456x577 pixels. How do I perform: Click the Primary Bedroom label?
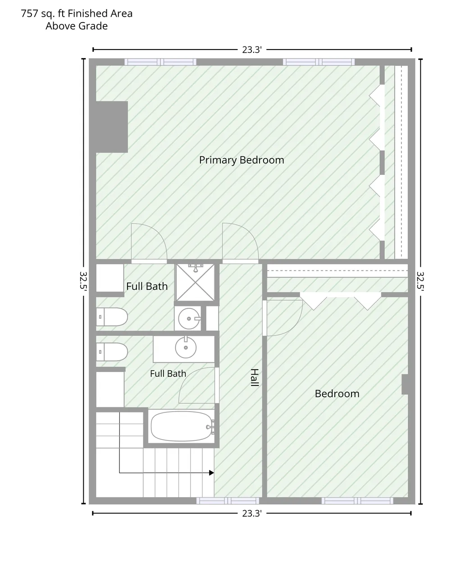click(x=241, y=160)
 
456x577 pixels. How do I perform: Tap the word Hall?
click(x=254, y=377)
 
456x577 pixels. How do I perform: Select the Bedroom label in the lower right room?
click(x=337, y=394)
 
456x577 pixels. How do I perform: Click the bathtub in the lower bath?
click(x=182, y=426)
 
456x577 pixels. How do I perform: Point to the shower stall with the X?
click(x=195, y=282)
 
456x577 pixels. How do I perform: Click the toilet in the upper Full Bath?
click(x=112, y=316)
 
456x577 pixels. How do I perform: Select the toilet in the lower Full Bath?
click(x=112, y=352)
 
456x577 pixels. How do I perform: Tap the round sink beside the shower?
click(x=189, y=319)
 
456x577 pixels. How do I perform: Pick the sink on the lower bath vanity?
click(x=186, y=347)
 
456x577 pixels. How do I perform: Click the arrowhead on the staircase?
click(x=211, y=473)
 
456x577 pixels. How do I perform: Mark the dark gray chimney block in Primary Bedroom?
click(x=112, y=127)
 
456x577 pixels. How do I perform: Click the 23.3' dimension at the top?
click(x=252, y=50)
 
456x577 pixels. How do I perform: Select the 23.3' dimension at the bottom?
click(x=252, y=513)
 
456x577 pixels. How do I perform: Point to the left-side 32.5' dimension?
click(x=83, y=281)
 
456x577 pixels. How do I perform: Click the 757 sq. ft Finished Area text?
click(x=77, y=14)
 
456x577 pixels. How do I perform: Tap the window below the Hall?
click(x=228, y=500)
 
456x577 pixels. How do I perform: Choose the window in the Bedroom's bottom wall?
click(x=357, y=500)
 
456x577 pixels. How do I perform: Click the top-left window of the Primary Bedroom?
click(x=160, y=62)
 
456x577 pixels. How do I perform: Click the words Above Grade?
click(x=77, y=26)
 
